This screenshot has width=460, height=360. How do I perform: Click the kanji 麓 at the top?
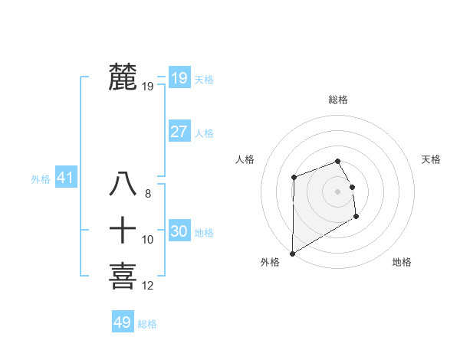point(123,77)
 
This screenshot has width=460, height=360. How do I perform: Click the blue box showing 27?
point(179,132)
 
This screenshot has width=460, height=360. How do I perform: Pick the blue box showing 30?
point(179,231)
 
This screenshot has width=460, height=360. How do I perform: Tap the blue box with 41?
point(65,178)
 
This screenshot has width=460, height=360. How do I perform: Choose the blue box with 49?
point(122,322)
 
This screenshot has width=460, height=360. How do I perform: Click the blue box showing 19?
point(179,77)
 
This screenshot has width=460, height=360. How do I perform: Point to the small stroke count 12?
point(148,286)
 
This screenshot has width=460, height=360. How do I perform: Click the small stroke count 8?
point(148,195)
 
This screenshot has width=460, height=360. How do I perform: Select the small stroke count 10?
point(148,240)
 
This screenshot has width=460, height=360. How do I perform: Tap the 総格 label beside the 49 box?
point(147,324)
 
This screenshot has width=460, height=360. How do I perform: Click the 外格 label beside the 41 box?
point(41,179)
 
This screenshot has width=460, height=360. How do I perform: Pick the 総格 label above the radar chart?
point(338,100)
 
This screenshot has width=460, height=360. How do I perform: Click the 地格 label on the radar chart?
point(402,262)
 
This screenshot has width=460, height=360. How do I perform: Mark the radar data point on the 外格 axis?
point(292,253)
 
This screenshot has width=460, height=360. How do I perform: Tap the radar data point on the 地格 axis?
point(356,217)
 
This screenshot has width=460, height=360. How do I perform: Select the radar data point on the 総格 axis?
point(337,161)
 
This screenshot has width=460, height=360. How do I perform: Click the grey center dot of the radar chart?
point(337,191)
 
